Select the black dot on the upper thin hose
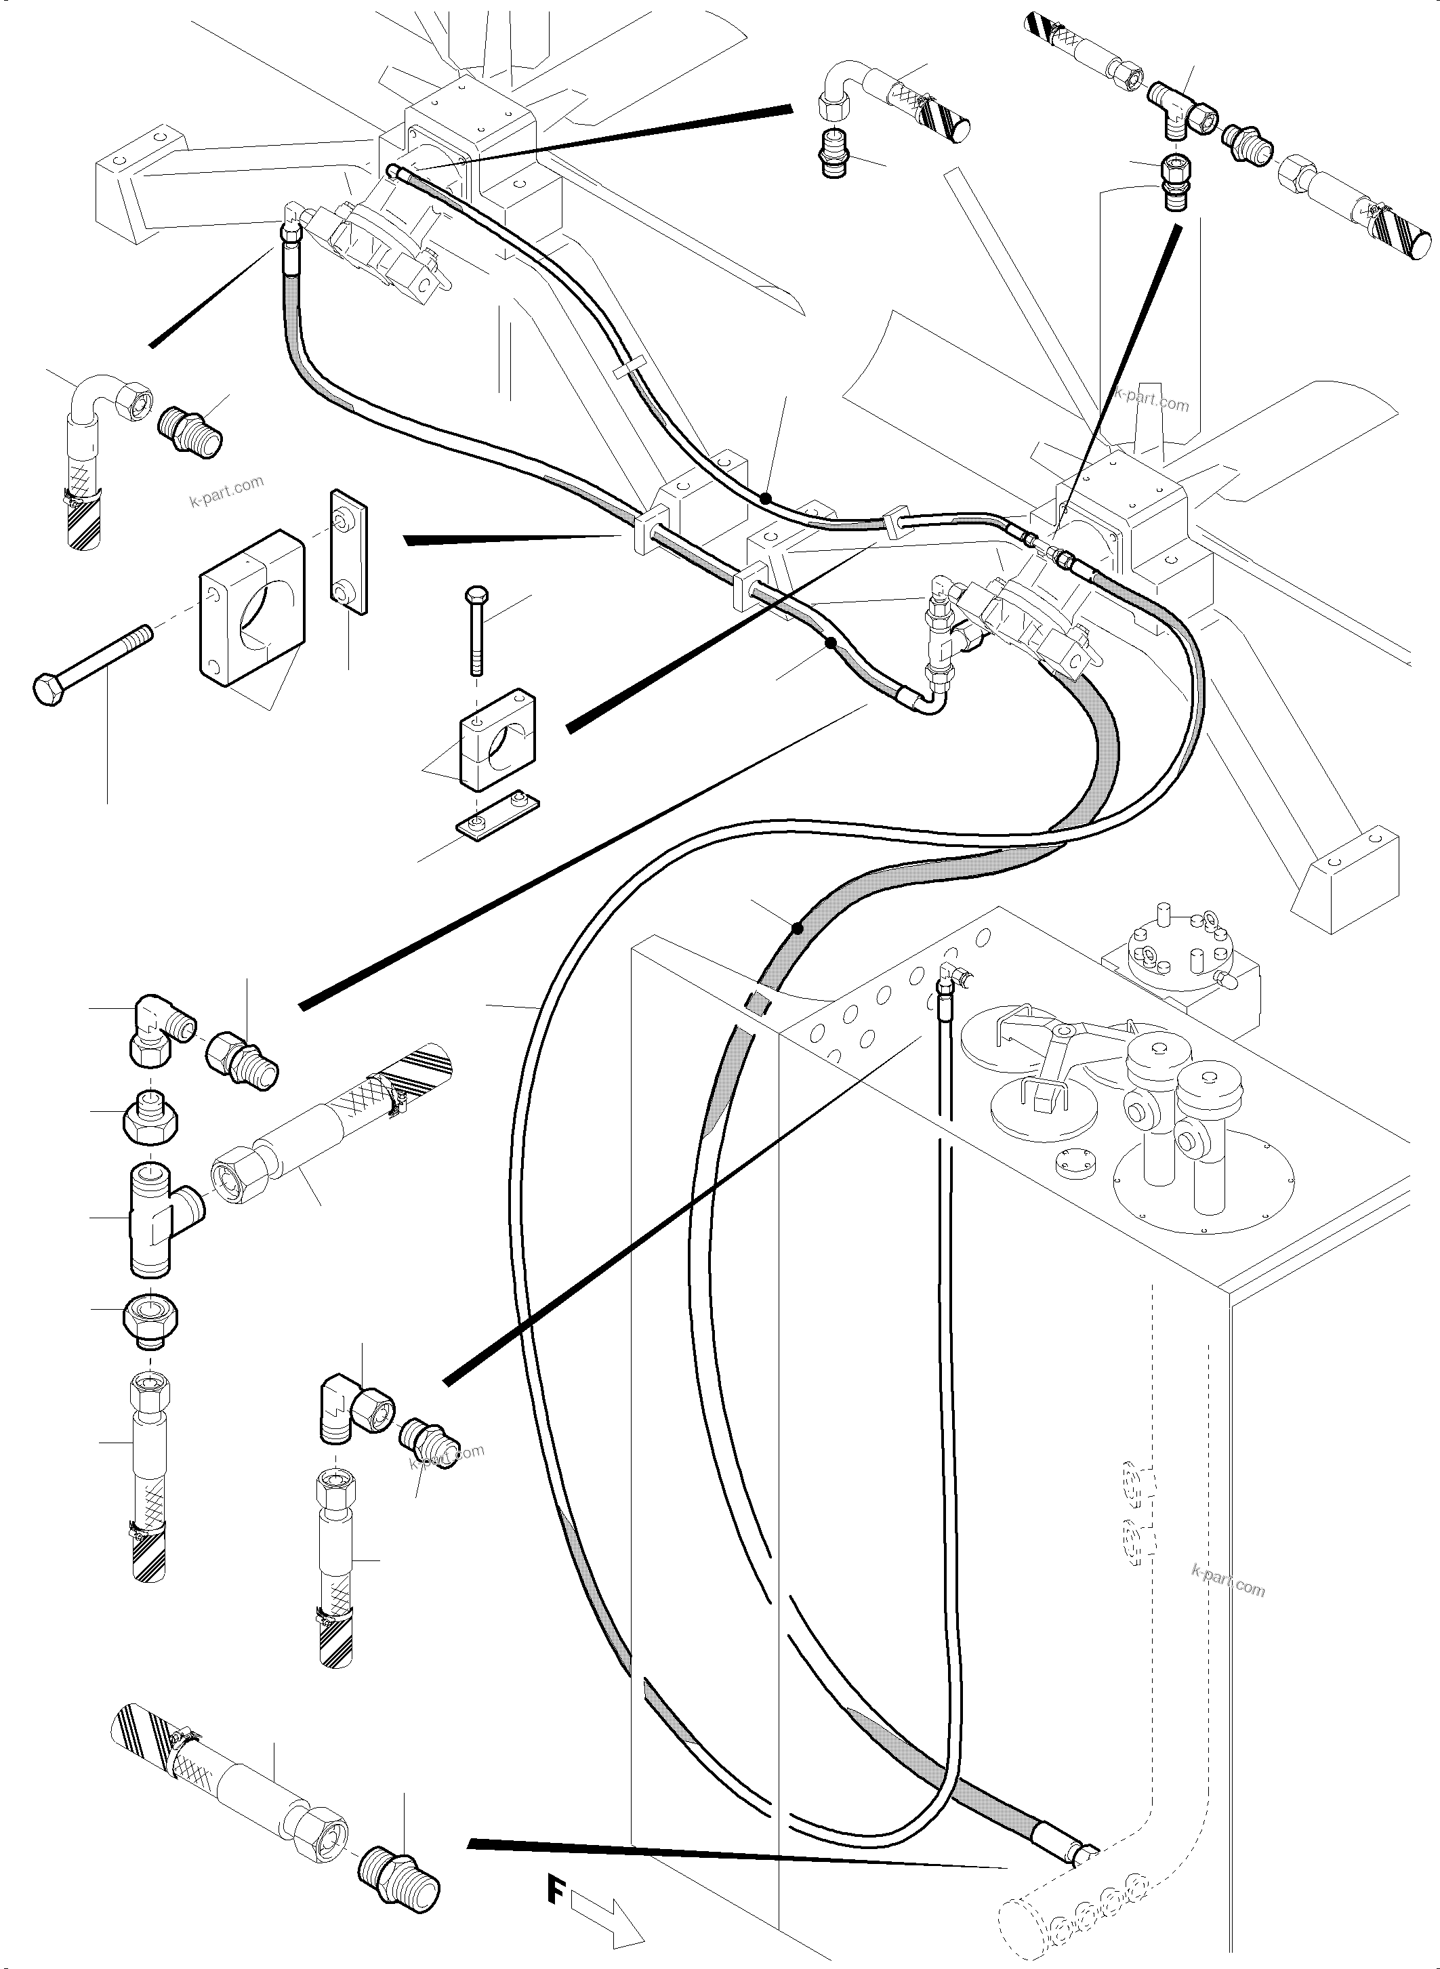pos(764,499)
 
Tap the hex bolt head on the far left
pos(46,688)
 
